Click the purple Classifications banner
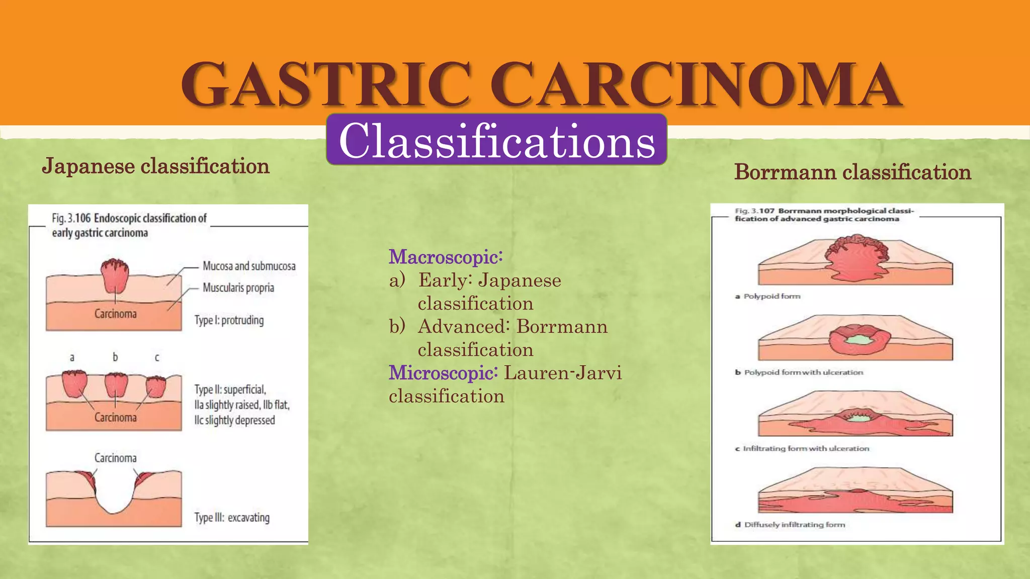tap(496, 140)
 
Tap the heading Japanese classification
tap(155, 166)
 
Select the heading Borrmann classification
tap(852, 172)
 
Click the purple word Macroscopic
tap(445, 257)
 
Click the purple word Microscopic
tap(443, 373)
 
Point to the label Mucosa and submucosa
tap(249, 266)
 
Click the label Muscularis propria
tap(238, 287)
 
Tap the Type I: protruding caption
tap(229, 320)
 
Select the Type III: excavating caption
tap(232, 518)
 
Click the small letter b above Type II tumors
tap(115, 357)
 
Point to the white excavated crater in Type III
tap(114, 490)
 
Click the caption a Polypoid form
tap(768, 297)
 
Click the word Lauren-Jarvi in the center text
tap(563, 373)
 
